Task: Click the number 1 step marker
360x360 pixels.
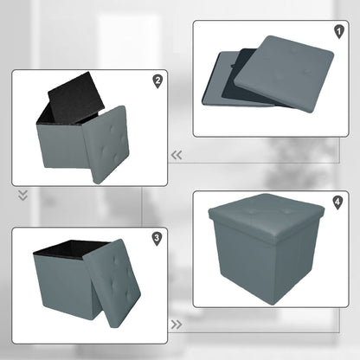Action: (339, 32)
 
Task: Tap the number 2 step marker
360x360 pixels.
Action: (157, 81)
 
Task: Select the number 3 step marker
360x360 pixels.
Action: (157, 239)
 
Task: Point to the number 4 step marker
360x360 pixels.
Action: (337, 202)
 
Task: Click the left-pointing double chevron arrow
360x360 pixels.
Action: (177, 155)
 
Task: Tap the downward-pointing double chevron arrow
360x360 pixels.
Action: (23, 196)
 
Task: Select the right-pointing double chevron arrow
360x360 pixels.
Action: (177, 325)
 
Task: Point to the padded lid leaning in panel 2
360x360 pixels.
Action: (106, 145)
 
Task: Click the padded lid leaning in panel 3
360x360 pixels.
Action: (112, 283)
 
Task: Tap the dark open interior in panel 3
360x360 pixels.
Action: (70, 248)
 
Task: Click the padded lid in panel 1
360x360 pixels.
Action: (284, 74)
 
